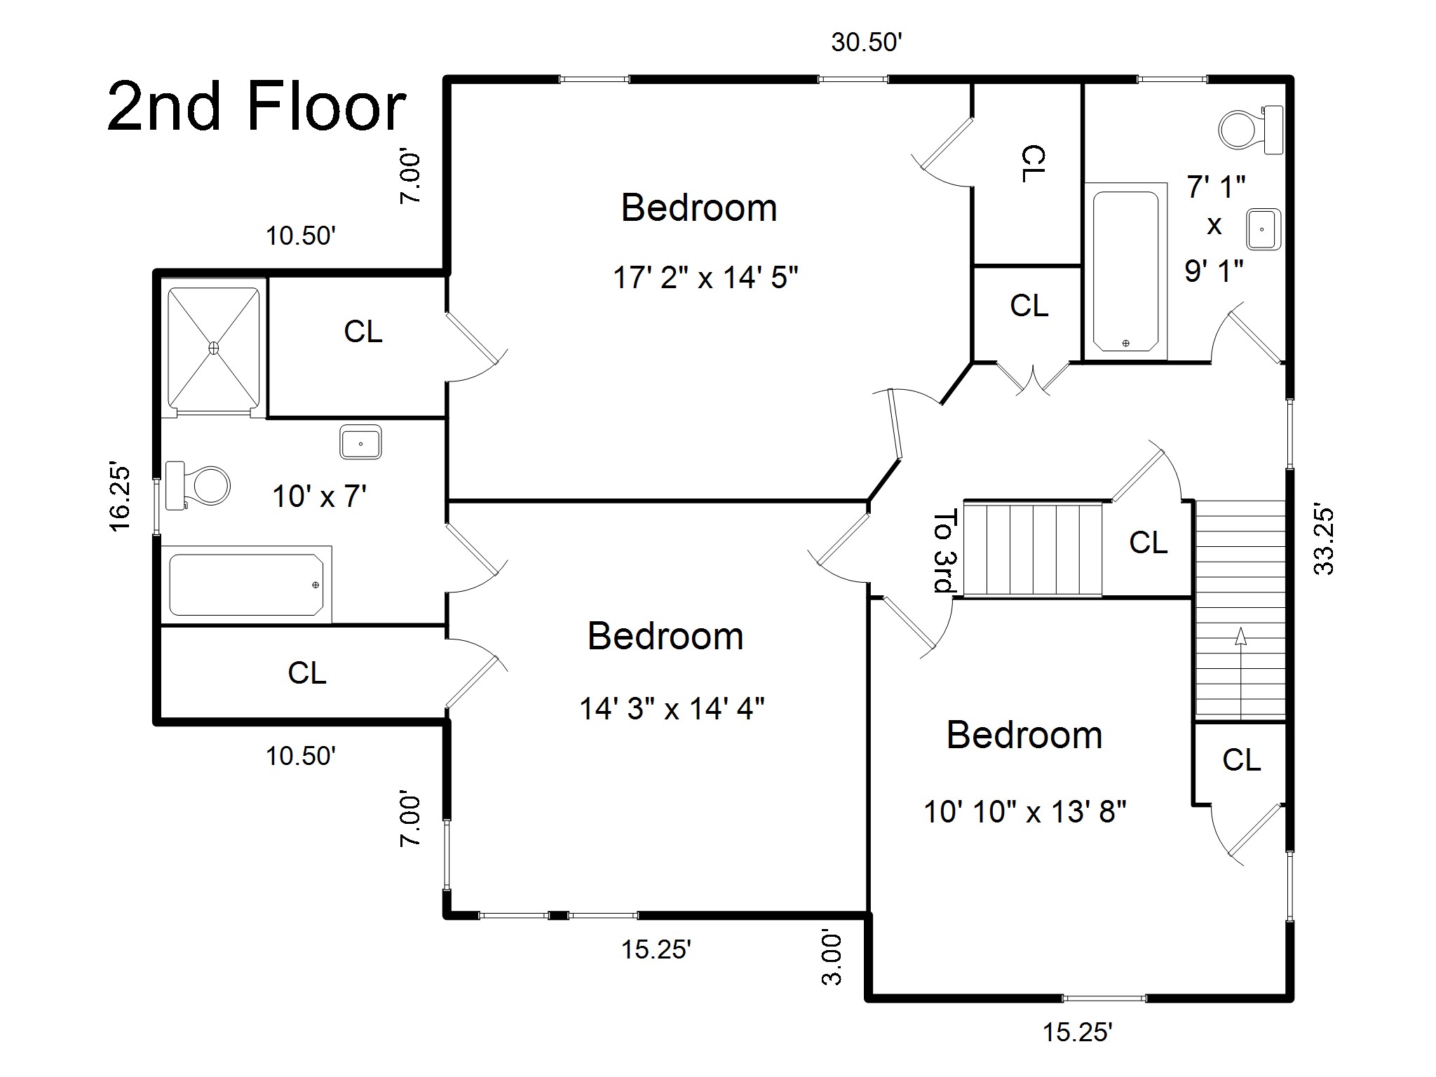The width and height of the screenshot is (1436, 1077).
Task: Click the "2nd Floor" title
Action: coord(257,107)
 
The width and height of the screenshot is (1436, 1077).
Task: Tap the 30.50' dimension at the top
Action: coord(866,43)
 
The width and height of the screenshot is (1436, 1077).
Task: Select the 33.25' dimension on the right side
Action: coord(1324,538)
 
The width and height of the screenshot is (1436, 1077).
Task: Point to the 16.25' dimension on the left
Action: coord(120,497)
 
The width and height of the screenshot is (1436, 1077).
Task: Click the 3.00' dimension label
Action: coord(832,958)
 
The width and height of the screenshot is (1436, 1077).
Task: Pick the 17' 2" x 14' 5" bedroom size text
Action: coord(705,278)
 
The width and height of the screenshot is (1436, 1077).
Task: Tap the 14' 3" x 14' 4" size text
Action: coord(672,708)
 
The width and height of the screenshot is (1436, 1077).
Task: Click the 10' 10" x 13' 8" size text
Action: coord(1025,812)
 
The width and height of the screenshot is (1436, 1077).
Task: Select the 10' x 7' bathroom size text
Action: coord(320,496)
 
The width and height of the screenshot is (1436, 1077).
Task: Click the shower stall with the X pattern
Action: coord(214,348)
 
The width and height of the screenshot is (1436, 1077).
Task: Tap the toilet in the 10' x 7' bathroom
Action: coord(198,485)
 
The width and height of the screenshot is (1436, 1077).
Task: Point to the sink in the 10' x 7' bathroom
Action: coord(360,442)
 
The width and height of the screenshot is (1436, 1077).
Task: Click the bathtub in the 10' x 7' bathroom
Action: coord(246,585)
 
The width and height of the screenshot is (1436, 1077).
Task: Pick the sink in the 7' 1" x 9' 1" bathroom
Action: coord(1264,229)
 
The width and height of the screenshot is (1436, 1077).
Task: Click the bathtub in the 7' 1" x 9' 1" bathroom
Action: coord(1125,271)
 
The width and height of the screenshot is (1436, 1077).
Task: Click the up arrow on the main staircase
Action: coord(1240,673)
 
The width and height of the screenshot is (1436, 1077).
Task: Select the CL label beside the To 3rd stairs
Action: coord(1149,543)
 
